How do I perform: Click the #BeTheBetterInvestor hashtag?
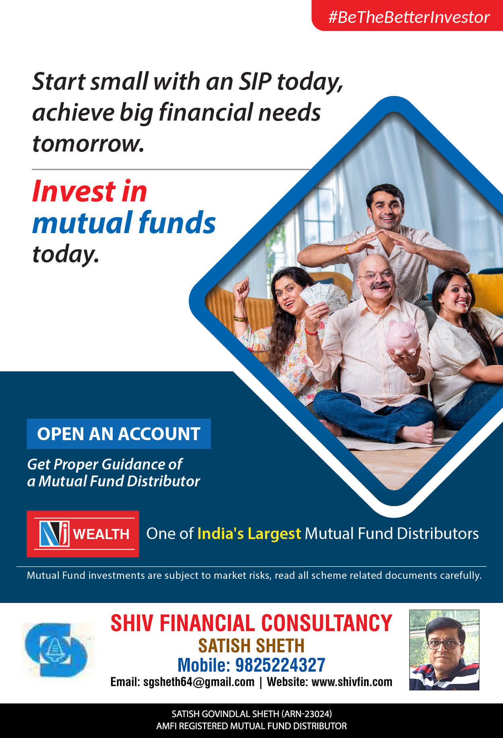[409, 17]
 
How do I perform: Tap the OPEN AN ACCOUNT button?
[119, 434]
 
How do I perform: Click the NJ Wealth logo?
[83, 534]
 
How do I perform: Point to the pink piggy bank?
[402, 336]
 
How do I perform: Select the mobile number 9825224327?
[280, 665]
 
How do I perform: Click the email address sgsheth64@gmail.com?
[199, 682]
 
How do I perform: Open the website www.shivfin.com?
[352, 682]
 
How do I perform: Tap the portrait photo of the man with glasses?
[444, 650]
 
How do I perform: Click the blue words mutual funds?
[124, 222]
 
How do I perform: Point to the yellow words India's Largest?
[249, 534]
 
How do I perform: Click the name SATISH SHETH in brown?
[251, 646]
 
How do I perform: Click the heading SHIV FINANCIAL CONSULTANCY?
[251, 623]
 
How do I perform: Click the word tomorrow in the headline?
[88, 143]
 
